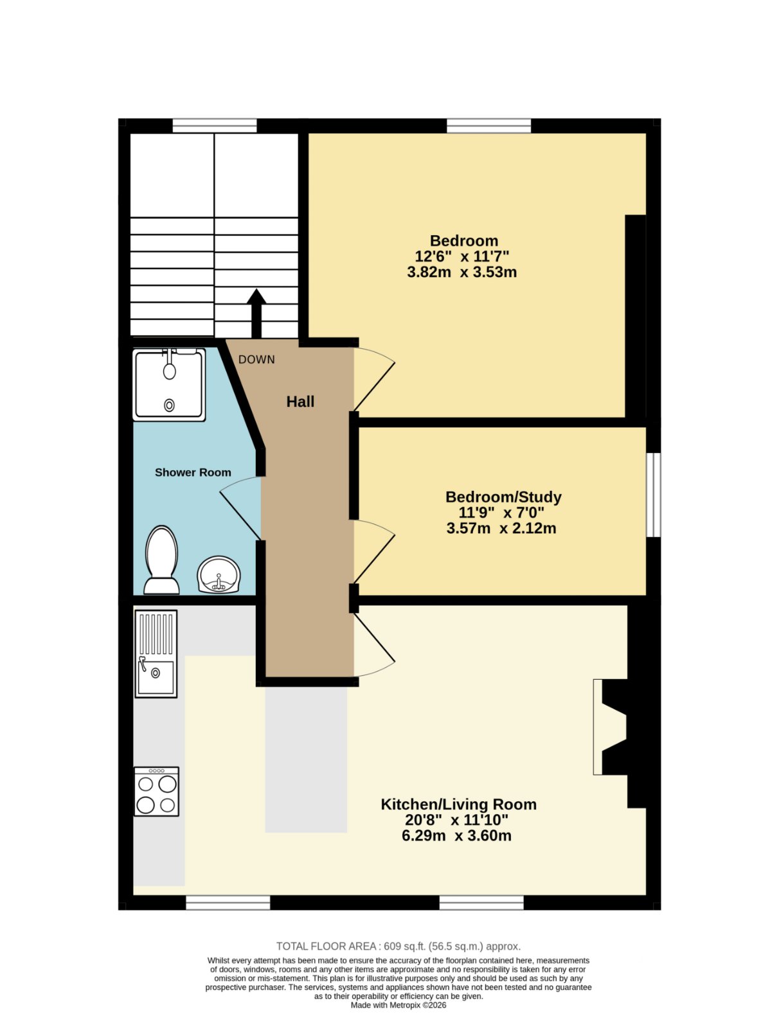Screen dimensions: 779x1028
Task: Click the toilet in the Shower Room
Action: click(x=161, y=559)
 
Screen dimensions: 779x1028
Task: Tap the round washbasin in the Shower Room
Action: click(x=219, y=574)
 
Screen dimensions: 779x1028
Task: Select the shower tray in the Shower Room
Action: click(x=169, y=384)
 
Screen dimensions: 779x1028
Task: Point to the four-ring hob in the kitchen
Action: click(x=156, y=792)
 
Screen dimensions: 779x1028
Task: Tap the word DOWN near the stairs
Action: click(x=256, y=360)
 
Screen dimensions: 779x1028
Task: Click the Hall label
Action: click(x=300, y=402)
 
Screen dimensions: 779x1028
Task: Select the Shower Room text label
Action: click(x=193, y=472)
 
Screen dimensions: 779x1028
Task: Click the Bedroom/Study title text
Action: click(x=503, y=497)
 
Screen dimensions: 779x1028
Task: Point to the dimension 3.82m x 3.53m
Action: click(x=461, y=272)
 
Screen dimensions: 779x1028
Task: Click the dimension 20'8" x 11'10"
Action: click(x=456, y=820)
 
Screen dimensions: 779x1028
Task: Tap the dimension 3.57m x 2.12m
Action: click(x=501, y=528)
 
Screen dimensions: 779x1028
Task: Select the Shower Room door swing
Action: click(x=240, y=508)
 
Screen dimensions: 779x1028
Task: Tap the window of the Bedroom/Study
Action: click(x=654, y=495)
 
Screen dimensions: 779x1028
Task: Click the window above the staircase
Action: click(x=215, y=125)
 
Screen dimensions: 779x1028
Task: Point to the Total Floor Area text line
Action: click(x=398, y=946)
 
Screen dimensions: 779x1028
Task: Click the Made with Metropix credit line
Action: click(x=398, y=1005)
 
